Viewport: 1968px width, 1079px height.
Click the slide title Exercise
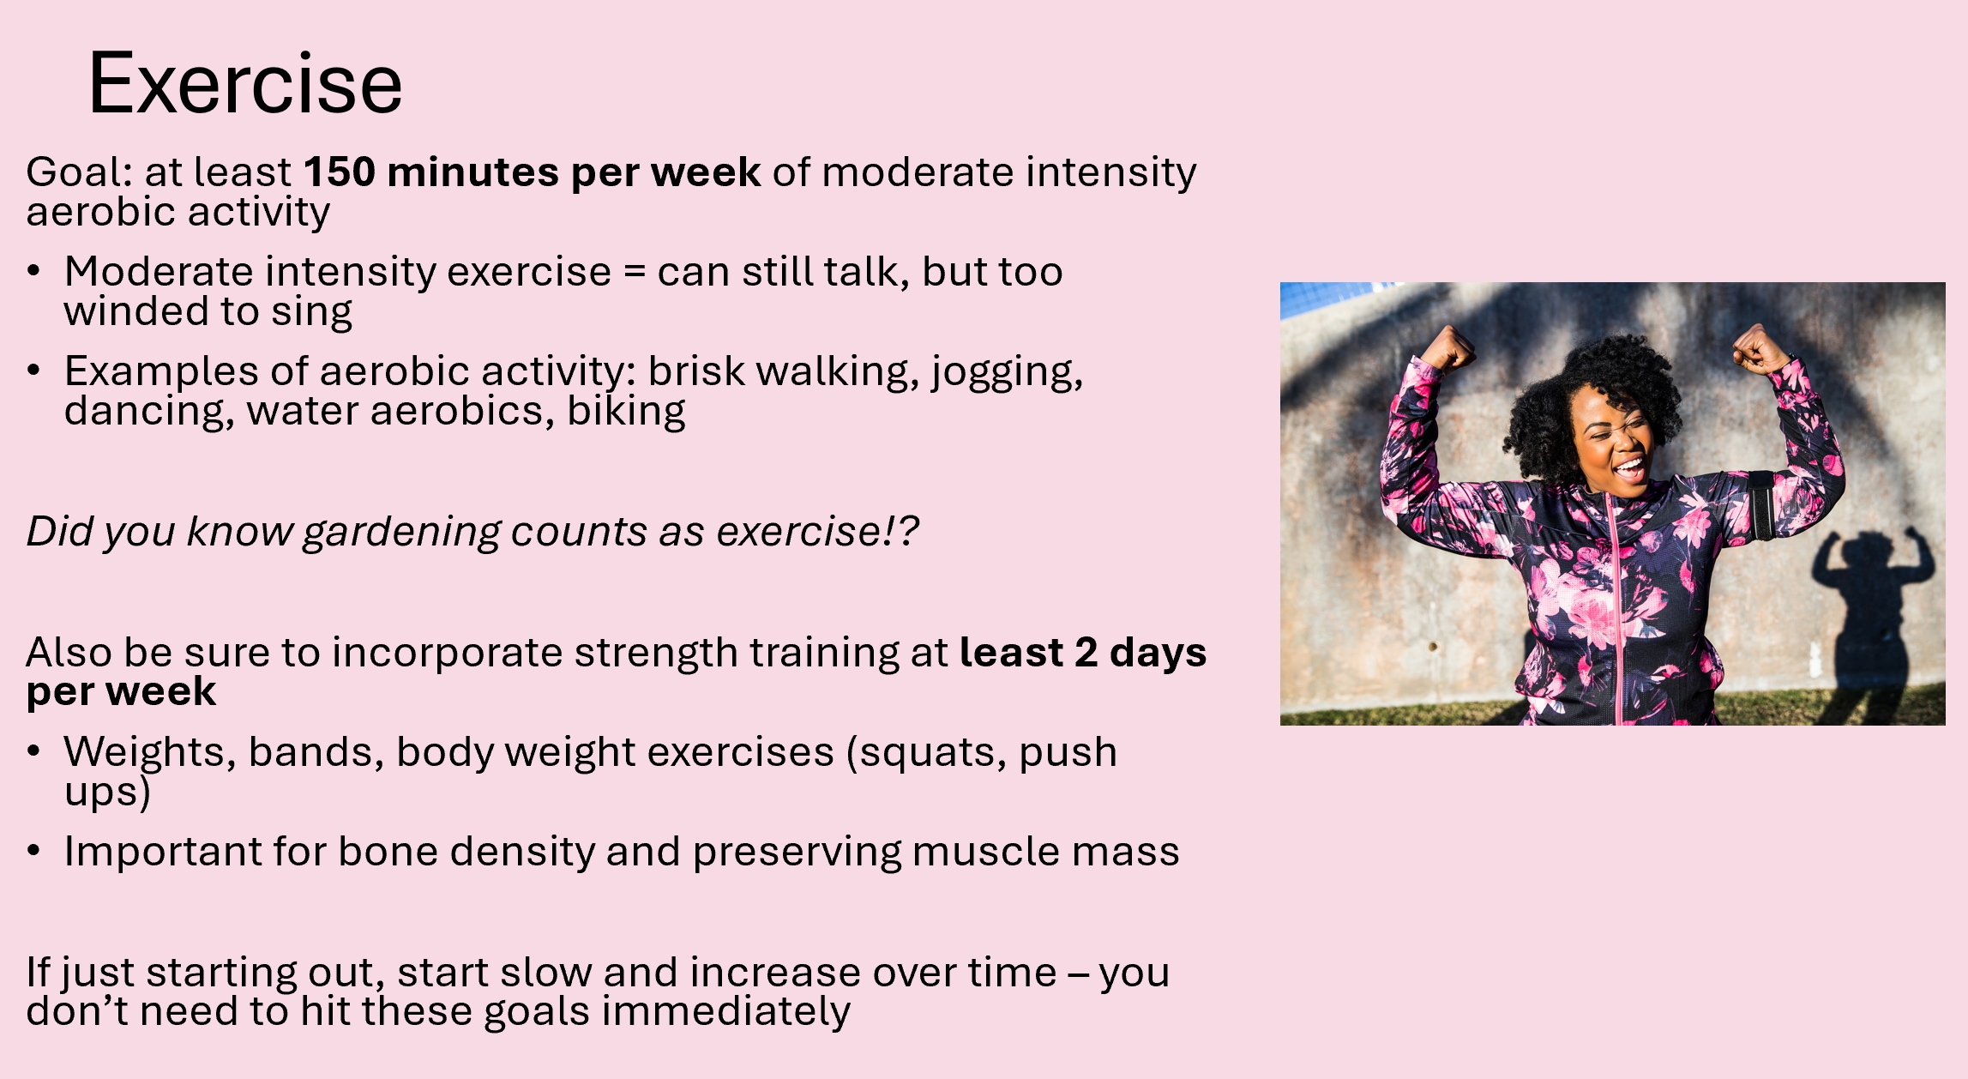point(245,83)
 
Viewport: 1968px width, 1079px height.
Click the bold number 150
point(340,172)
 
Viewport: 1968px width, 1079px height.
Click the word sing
point(312,312)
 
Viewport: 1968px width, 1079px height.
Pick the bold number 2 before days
point(1086,653)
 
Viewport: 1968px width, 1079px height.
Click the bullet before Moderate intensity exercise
point(34,272)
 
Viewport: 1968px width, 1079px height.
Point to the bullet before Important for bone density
point(34,851)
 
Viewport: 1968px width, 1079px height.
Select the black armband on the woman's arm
point(1762,505)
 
